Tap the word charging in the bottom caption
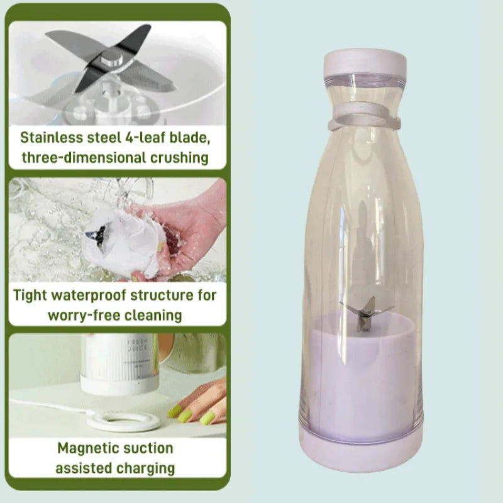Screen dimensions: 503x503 click(145, 468)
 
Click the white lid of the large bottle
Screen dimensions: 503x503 click(365, 62)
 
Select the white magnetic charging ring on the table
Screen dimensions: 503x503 click(123, 422)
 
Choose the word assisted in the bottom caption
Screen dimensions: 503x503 click(83, 468)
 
